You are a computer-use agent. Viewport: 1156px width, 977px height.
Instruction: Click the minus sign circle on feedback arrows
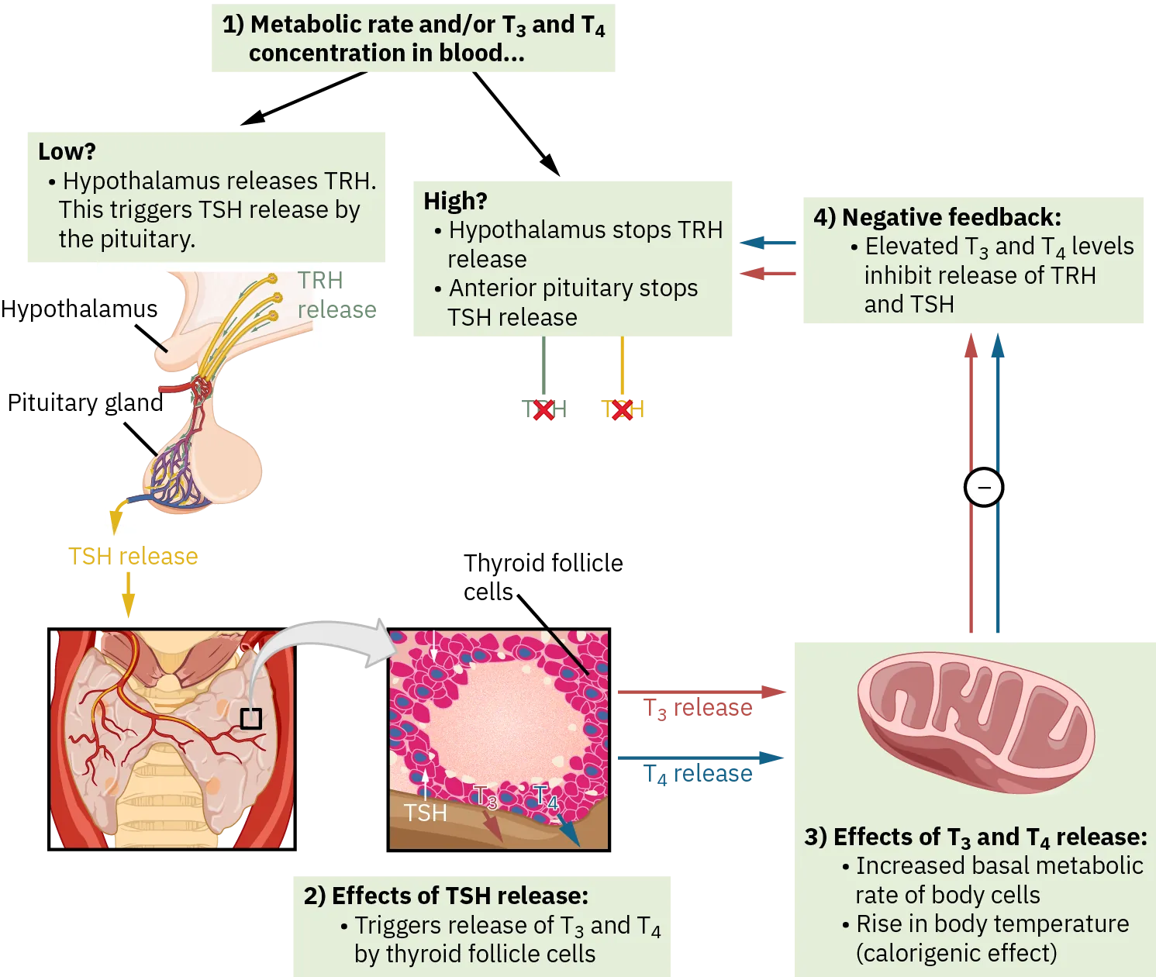tap(983, 488)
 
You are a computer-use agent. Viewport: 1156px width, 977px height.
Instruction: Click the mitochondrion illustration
tap(975, 721)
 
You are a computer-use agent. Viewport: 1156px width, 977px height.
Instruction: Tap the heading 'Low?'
tap(67, 151)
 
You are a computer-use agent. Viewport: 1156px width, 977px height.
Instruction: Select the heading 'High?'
tap(455, 201)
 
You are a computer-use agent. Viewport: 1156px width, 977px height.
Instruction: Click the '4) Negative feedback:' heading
tap(937, 217)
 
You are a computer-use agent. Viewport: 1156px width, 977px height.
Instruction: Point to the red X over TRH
tap(544, 409)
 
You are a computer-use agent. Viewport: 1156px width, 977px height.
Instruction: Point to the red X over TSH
tap(621, 409)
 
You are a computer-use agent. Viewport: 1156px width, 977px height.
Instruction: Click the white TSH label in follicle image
tap(425, 813)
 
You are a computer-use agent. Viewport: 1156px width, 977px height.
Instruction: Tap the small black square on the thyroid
tap(250, 719)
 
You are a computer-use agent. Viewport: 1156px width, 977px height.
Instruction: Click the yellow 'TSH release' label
tap(133, 556)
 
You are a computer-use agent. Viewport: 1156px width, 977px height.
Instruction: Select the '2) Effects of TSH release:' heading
tap(446, 896)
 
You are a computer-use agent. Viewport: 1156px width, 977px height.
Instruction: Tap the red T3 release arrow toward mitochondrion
tap(698, 691)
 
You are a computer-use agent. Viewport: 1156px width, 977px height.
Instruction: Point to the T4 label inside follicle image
tap(546, 797)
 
